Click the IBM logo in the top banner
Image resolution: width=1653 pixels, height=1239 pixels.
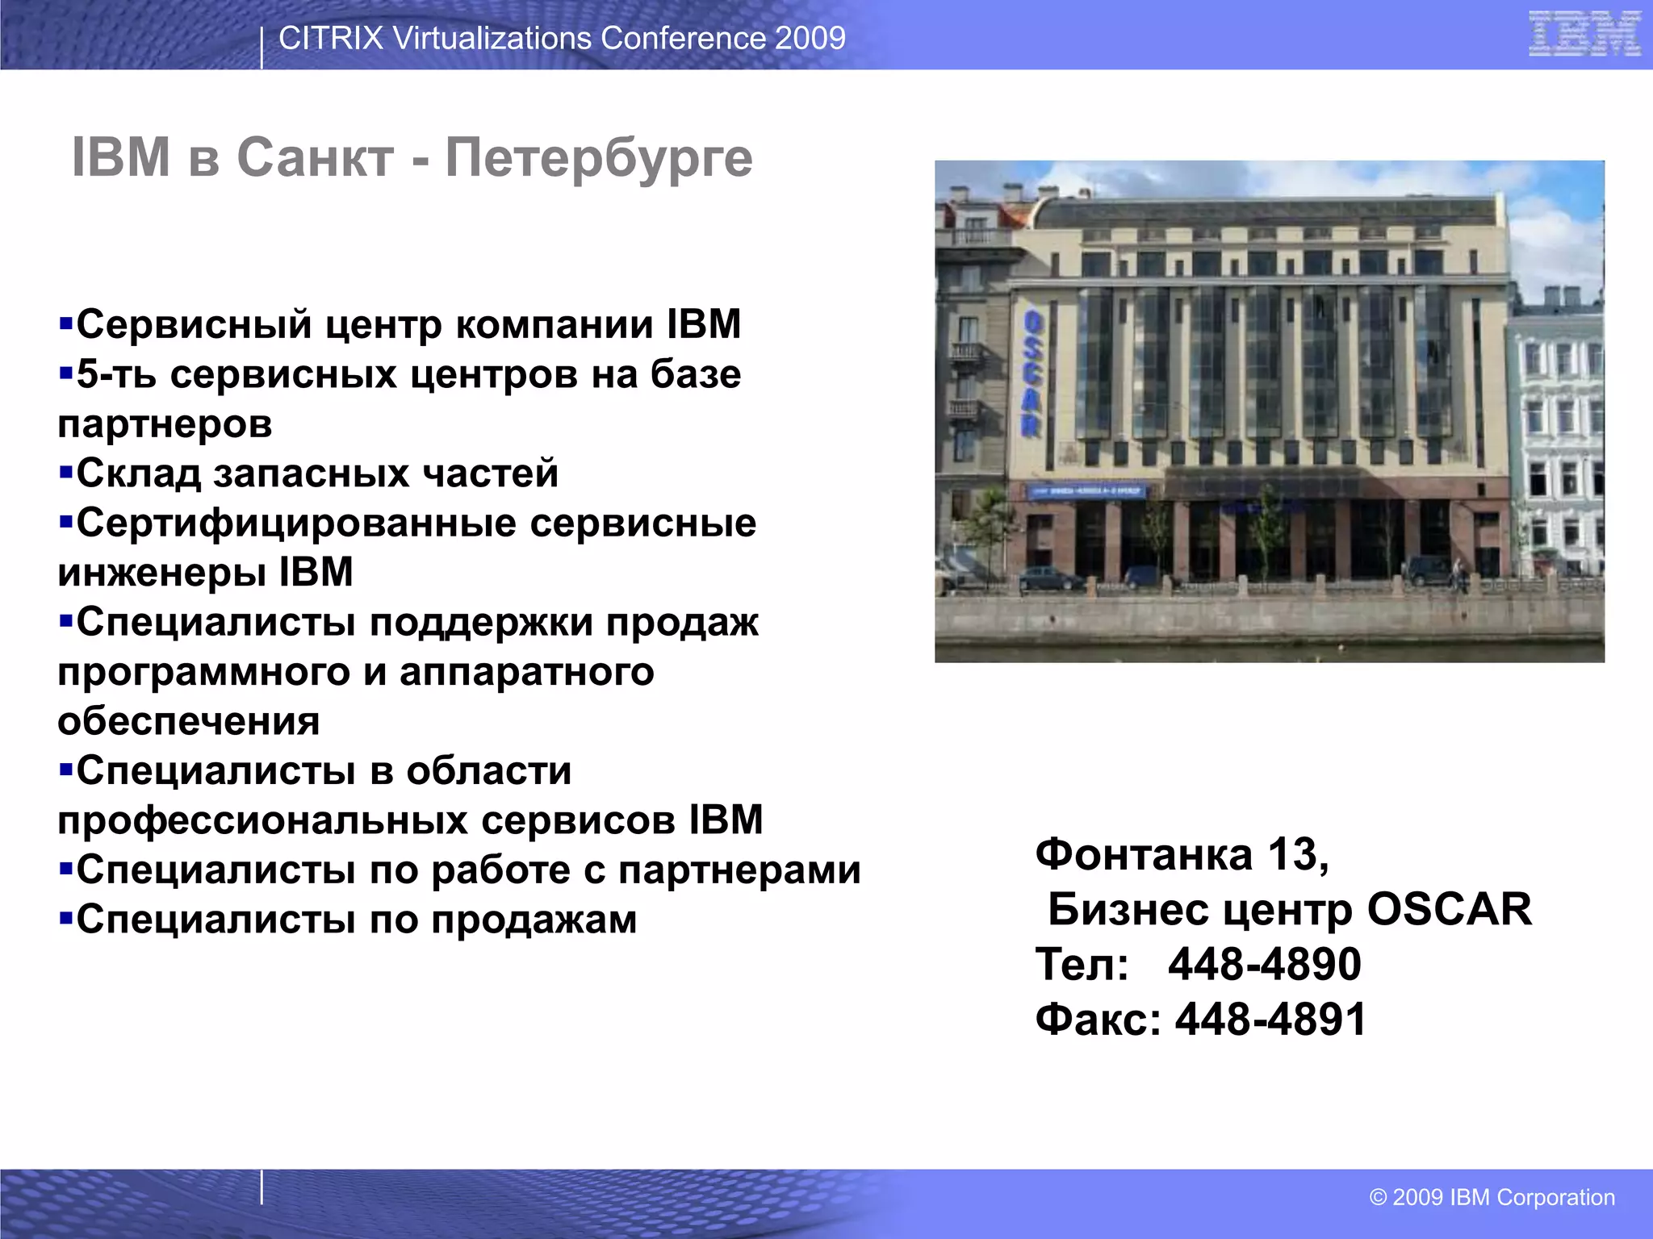pyautogui.click(x=1584, y=34)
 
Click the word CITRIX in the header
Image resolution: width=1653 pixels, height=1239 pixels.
pyautogui.click(x=330, y=38)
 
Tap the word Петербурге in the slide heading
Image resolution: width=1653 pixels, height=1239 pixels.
pyautogui.click(x=599, y=157)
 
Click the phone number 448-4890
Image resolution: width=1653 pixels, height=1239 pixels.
pyautogui.click(x=1264, y=964)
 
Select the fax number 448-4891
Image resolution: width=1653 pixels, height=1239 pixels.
pyautogui.click(x=1270, y=1019)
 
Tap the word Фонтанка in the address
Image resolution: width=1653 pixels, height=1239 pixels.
pyautogui.click(x=1143, y=854)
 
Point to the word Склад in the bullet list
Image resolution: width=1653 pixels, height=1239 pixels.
pyautogui.click(x=138, y=473)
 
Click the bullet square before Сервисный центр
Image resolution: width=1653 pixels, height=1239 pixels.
pyautogui.click(x=65, y=325)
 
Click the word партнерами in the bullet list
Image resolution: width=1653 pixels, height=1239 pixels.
pyautogui.click(x=739, y=870)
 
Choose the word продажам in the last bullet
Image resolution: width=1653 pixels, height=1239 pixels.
pyautogui.click(x=534, y=920)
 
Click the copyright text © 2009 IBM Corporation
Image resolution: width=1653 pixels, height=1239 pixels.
pyautogui.click(x=1492, y=1197)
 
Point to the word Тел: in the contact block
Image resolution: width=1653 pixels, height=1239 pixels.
pyautogui.click(x=1082, y=964)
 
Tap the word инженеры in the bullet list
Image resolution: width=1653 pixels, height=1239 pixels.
pyautogui.click(x=161, y=573)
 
